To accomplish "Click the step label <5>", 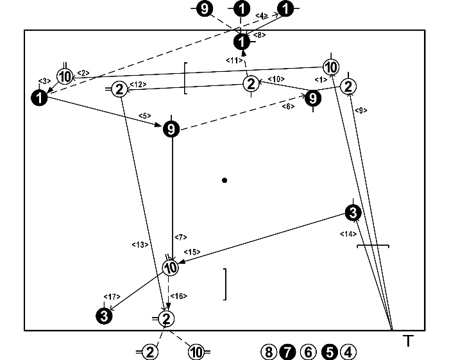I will [144, 116].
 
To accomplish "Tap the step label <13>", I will [140, 244].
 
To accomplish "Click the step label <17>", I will [112, 296].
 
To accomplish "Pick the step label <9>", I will [361, 110].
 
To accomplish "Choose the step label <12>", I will [139, 85].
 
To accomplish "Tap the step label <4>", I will [262, 15].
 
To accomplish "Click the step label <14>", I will [347, 234].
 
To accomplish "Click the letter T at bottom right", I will [407, 341].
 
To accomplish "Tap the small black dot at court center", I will [224, 180].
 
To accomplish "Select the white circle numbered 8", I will [268, 352].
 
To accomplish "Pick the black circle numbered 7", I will [288, 352].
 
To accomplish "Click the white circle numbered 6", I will [308, 352].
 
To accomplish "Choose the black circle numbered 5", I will [328, 352].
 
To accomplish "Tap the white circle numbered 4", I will [348, 352].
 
